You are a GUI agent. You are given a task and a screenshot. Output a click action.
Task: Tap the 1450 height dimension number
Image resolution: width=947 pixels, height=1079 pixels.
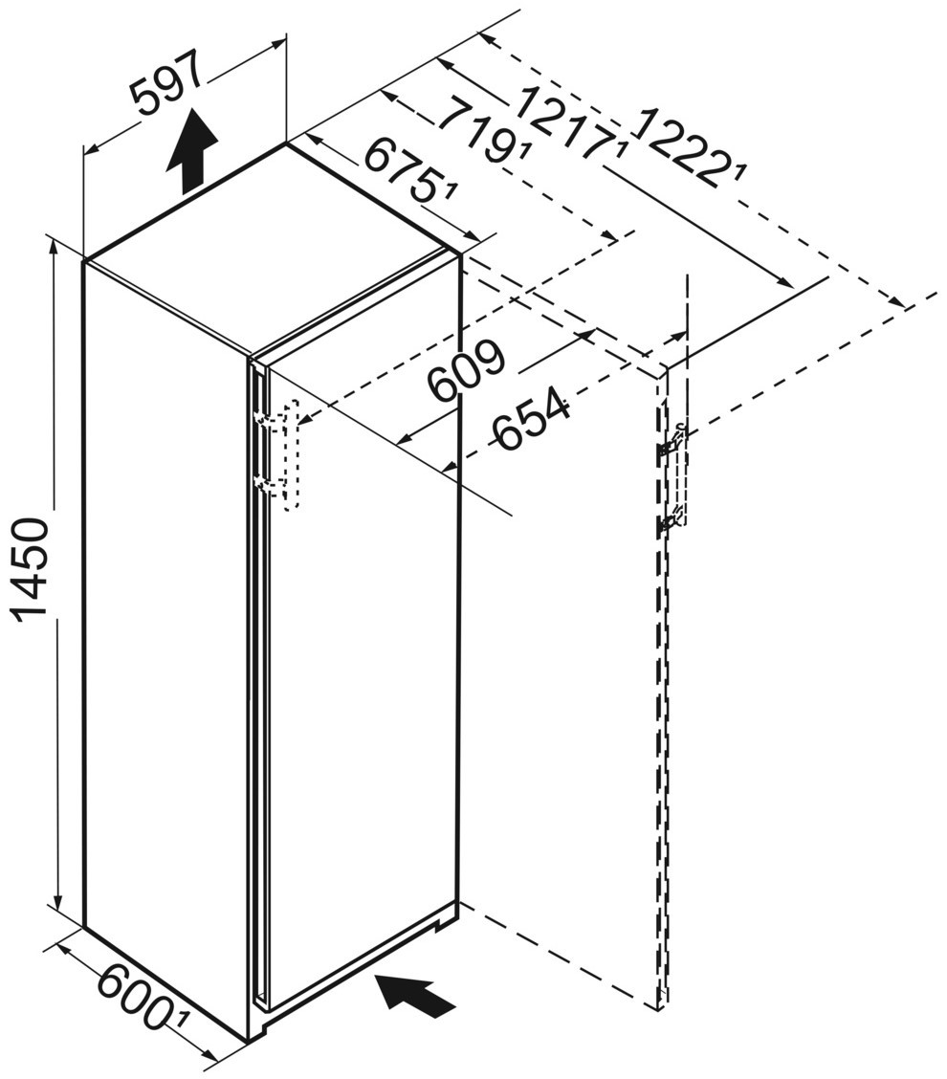30,569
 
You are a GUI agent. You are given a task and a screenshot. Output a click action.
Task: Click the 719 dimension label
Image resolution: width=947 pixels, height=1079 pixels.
477,130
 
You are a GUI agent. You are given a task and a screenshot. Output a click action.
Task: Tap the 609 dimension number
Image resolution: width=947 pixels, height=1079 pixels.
465,371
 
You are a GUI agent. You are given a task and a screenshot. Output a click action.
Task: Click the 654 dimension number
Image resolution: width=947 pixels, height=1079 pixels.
532,422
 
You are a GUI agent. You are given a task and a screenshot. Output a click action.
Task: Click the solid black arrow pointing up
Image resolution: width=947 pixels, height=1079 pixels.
192,152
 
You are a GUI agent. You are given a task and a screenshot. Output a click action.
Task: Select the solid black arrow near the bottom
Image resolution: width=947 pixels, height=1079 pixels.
416,995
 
